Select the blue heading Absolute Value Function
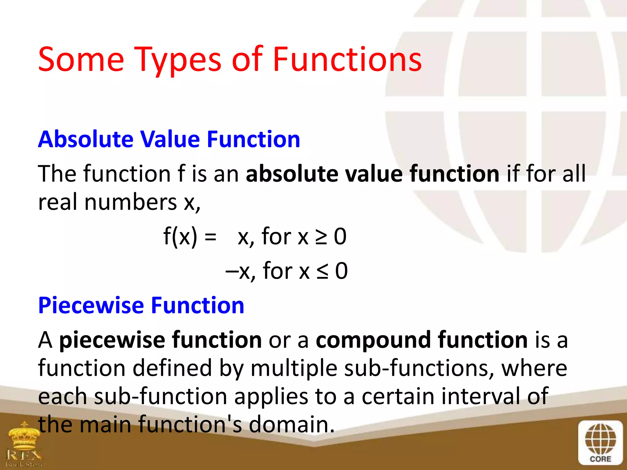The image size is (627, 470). tap(169, 140)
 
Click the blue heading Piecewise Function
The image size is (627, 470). tap(141, 305)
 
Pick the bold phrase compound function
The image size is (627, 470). tap(422, 340)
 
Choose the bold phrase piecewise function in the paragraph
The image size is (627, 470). tap(160, 340)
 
